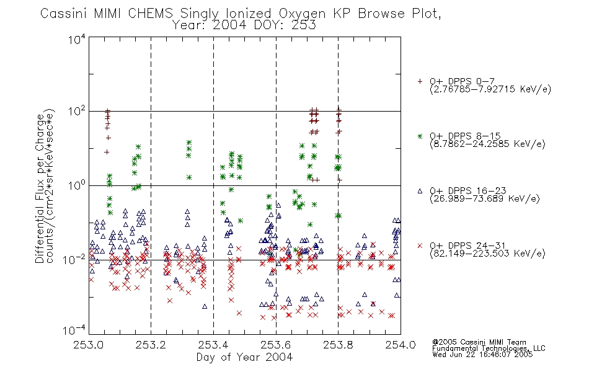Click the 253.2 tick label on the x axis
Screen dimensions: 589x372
click(x=151, y=345)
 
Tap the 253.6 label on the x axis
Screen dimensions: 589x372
click(x=276, y=345)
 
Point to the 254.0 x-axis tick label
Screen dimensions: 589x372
click(x=401, y=345)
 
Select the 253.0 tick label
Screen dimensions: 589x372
click(x=89, y=345)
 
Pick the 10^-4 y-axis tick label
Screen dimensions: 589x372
click(x=74, y=330)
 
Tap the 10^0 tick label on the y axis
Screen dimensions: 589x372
click(x=77, y=185)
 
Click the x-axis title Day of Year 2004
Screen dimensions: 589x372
click(x=244, y=357)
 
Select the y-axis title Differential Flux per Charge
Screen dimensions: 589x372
click(x=40, y=188)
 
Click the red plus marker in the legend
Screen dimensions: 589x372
click(x=420, y=81)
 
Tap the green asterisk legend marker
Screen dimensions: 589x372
click(x=420, y=136)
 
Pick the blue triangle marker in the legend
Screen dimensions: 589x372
click(x=420, y=191)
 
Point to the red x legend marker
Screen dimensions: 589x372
click(x=420, y=246)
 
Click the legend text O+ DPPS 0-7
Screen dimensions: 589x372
click(x=463, y=81)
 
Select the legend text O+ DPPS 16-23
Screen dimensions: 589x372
click(x=468, y=190)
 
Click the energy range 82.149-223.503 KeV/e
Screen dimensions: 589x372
click(x=487, y=254)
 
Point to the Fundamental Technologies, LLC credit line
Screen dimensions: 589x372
click(x=489, y=348)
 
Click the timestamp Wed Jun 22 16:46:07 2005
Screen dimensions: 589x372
click(x=482, y=355)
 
